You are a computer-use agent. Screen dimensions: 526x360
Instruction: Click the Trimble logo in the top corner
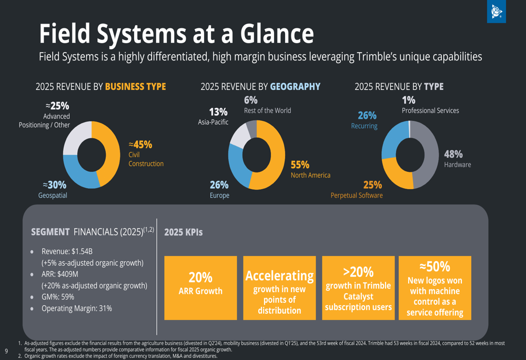[x=496, y=11]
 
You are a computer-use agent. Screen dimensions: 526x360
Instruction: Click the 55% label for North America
[x=300, y=164]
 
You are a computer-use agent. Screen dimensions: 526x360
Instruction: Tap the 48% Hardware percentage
[x=453, y=154]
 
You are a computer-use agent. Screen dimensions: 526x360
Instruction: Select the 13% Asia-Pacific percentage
[x=218, y=111]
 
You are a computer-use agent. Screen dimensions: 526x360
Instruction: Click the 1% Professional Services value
[x=409, y=100]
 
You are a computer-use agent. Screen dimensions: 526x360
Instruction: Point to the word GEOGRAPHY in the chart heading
[x=295, y=87]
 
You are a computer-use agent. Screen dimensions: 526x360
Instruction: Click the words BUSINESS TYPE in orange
[x=136, y=87]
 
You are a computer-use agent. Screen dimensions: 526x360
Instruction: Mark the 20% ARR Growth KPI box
[x=200, y=288]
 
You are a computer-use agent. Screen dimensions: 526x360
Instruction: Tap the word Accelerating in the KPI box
[x=279, y=275]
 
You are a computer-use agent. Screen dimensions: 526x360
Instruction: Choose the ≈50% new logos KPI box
[x=435, y=288]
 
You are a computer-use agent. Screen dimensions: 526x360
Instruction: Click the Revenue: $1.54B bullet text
[x=67, y=251]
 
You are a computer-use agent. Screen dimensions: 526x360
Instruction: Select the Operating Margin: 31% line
[x=77, y=308]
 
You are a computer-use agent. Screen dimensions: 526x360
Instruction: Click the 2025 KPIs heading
[x=184, y=232]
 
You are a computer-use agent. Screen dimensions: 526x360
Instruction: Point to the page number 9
[x=6, y=351]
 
